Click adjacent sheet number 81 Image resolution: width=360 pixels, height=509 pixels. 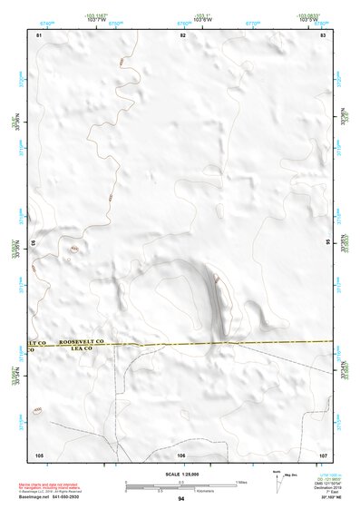(x=39, y=34)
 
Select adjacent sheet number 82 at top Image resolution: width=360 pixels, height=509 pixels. (x=183, y=34)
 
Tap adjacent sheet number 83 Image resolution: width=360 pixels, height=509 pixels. (x=323, y=34)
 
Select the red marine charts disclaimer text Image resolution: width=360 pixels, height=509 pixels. (x=64, y=485)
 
